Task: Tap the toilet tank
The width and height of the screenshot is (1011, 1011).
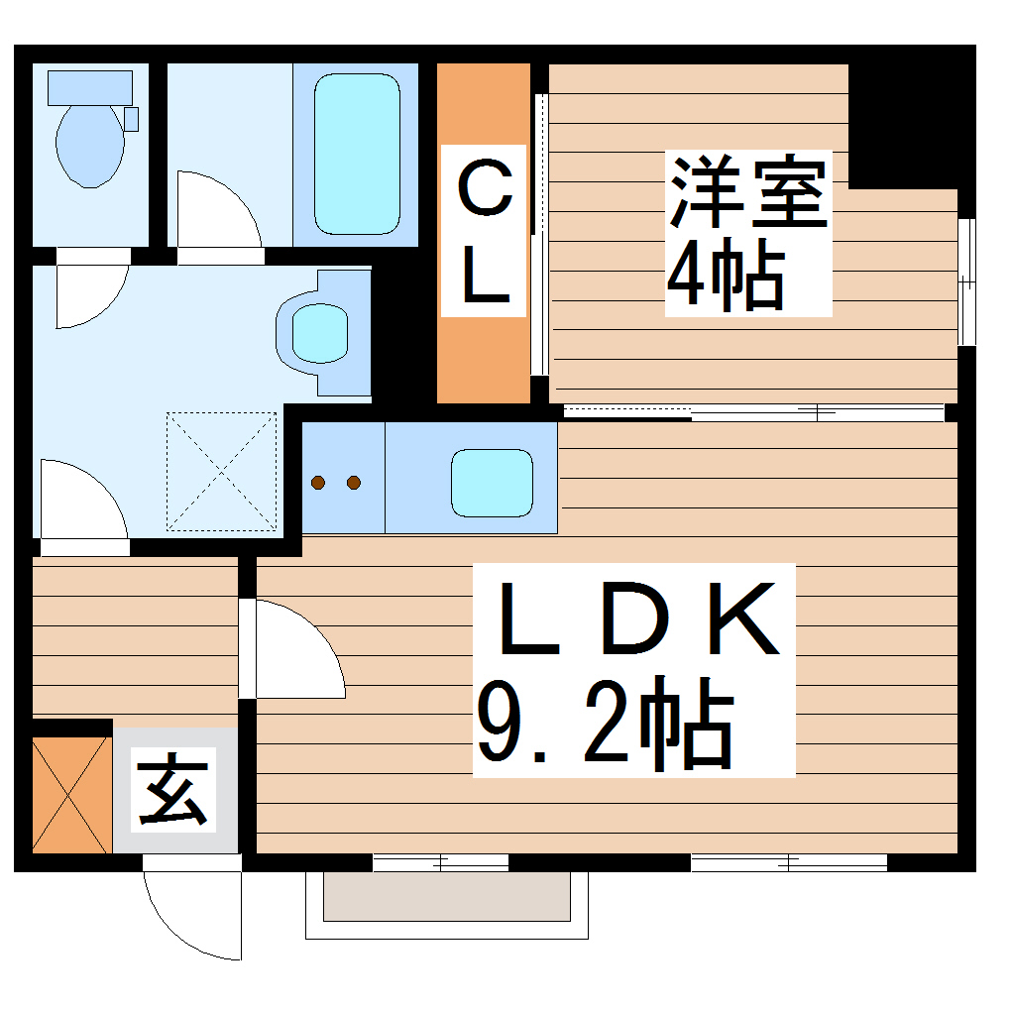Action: [89, 87]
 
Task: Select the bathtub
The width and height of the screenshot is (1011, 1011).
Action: [357, 154]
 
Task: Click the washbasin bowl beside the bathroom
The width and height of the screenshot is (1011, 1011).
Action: [320, 332]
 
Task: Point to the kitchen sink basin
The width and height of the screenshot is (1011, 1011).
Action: [492, 482]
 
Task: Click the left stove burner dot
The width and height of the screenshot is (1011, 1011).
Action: [318, 483]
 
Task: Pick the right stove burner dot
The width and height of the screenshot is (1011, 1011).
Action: [353, 483]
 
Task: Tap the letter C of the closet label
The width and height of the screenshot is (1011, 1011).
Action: [484, 192]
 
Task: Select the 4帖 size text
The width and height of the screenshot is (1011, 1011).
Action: [725, 276]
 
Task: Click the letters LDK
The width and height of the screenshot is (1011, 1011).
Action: [637, 621]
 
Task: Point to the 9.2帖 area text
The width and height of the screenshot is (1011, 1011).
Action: [605, 723]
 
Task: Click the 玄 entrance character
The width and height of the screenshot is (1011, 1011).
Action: [173, 791]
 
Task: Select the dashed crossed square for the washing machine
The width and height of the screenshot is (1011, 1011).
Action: [221, 471]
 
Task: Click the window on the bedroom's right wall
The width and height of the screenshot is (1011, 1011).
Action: [965, 281]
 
